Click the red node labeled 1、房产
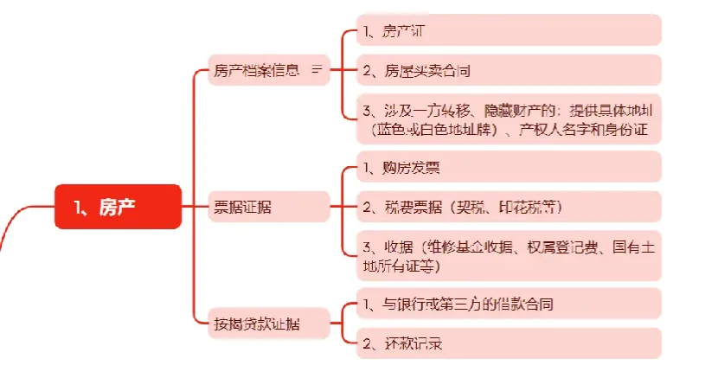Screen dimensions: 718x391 click(x=119, y=207)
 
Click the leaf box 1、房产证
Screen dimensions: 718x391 click(x=508, y=30)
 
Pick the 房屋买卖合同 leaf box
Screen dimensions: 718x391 click(x=508, y=70)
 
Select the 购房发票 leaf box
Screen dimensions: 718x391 click(x=508, y=166)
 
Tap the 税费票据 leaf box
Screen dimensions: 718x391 click(x=508, y=207)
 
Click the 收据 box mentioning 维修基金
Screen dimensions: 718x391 click(x=508, y=256)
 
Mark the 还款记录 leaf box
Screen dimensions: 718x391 click(x=508, y=343)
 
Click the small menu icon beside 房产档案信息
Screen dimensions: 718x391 click(x=317, y=69)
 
